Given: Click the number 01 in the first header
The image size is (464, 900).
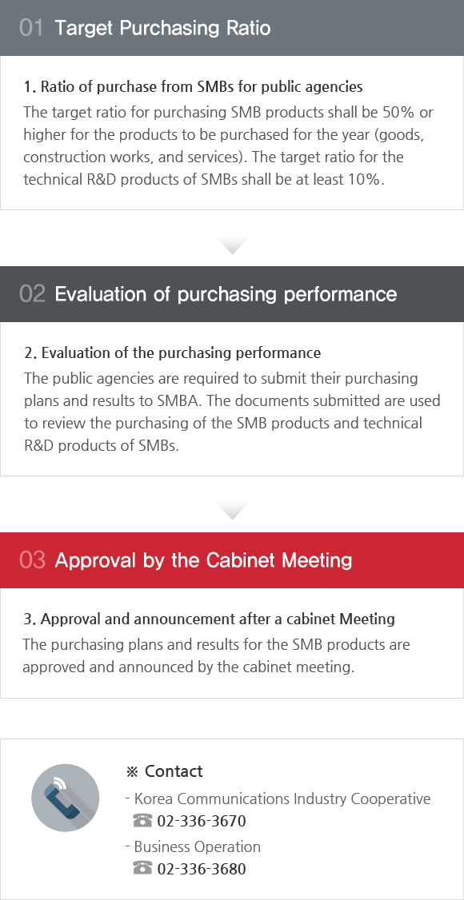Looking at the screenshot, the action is click(x=31, y=27).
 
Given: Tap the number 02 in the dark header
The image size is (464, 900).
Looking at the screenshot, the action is click(x=32, y=294).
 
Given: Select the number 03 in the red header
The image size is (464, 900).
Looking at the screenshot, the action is click(x=32, y=560).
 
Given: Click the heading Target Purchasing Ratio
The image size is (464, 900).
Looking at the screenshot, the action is click(x=162, y=28).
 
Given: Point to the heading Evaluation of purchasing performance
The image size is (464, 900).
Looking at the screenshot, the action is click(x=226, y=294).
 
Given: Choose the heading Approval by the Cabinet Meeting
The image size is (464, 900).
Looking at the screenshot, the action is click(x=203, y=560).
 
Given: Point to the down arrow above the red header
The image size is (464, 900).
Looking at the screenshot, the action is click(x=232, y=510).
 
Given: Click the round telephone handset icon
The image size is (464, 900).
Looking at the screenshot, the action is click(x=65, y=797).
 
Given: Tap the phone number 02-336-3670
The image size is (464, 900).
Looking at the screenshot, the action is click(x=202, y=822).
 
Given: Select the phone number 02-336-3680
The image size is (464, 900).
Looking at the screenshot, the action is click(x=202, y=869).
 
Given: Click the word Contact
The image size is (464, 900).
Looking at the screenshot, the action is click(x=174, y=771).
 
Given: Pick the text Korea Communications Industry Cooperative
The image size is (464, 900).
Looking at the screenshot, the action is click(x=282, y=798).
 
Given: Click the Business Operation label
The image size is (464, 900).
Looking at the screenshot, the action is click(x=197, y=846).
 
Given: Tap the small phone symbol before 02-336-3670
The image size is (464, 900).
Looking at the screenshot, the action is click(x=142, y=822).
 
